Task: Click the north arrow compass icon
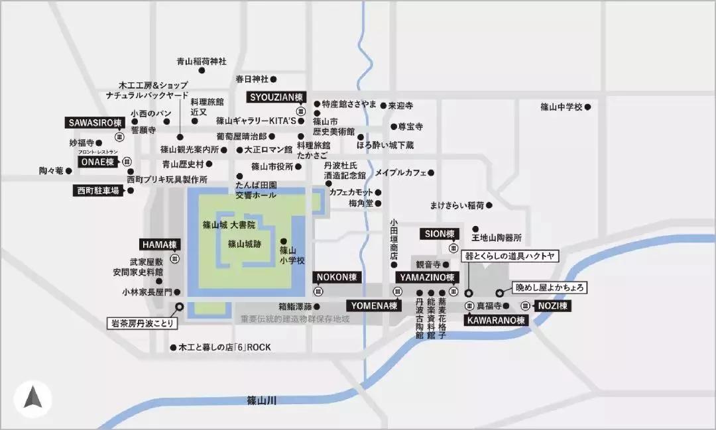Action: [x=32, y=398]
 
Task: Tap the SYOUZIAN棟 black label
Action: [x=274, y=97]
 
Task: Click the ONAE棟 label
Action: [x=98, y=162]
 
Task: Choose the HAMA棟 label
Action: [x=159, y=244]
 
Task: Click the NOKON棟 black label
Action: [x=337, y=277]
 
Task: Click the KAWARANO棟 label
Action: [x=496, y=320]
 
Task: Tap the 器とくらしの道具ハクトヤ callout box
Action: [x=510, y=256]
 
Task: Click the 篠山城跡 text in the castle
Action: [x=245, y=244]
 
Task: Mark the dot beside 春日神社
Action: [x=274, y=79]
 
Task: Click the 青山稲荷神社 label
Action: [x=202, y=62]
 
